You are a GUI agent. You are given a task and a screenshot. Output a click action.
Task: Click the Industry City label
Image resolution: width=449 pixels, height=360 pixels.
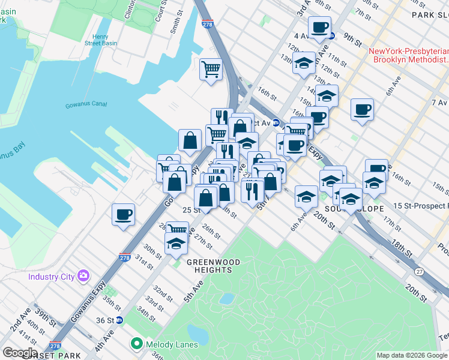click(x=51, y=277)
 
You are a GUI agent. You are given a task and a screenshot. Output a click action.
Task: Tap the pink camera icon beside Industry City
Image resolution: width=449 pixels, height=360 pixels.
click(x=83, y=276)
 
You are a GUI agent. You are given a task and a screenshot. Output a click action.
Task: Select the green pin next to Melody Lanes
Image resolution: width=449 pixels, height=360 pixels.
click(x=137, y=344)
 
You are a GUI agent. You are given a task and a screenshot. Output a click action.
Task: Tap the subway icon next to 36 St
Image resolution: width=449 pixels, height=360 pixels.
click(x=119, y=320)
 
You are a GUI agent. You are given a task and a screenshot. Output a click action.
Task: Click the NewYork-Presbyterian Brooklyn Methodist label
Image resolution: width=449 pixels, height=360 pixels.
click(x=409, y=56)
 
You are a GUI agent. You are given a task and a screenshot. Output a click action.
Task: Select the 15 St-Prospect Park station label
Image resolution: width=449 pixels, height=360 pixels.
click(x=421, y=206)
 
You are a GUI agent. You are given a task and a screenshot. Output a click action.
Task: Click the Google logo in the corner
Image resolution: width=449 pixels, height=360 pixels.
click(x=19, y=353)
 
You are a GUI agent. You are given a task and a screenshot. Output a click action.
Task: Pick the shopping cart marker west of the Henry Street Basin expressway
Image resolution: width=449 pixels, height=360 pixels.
click(x=211, y=70)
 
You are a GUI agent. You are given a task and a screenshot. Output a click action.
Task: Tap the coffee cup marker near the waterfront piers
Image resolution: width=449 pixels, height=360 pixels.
click(x=123, y=214)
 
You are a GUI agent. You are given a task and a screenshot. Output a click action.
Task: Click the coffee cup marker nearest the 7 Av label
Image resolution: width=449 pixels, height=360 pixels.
click(x=362, y=110)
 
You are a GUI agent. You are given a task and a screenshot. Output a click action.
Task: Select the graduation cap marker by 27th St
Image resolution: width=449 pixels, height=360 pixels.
click(x=175, y=243)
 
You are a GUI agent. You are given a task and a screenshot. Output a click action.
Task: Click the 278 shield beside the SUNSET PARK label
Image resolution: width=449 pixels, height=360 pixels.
click(x=55, y=347)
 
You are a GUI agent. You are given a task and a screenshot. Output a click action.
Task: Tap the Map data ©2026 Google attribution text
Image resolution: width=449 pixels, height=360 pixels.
click(x=412, y=355)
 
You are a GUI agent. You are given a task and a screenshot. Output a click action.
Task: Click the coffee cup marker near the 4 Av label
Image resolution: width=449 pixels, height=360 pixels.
click(x=319, y=27)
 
